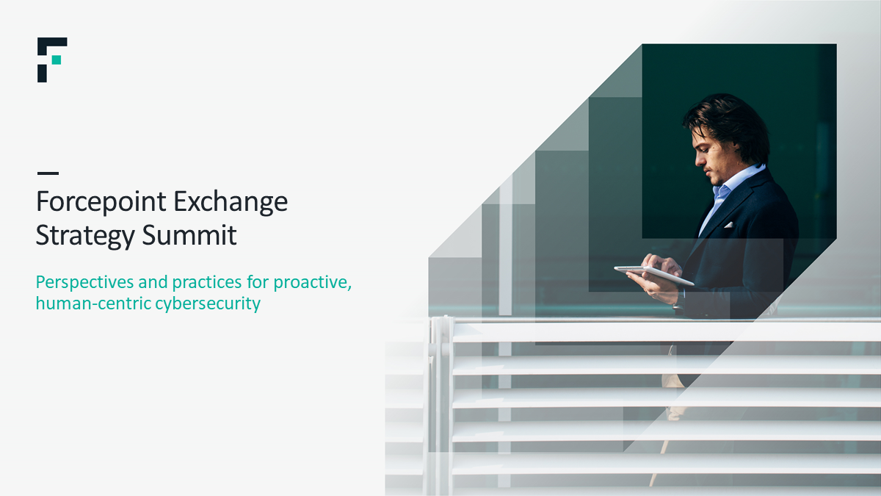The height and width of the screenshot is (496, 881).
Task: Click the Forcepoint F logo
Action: (x=52, y=60)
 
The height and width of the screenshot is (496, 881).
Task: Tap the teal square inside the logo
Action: (x=57, y=60)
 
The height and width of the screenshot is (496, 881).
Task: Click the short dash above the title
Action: (x=48, y=173)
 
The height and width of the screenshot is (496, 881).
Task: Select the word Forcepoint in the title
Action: (x=101, y=202)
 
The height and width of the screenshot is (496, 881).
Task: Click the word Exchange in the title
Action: (x=231, y=202)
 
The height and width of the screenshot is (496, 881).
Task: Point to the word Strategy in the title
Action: (x=85, y=236)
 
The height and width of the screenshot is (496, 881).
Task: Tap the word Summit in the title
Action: (x=189, y=235)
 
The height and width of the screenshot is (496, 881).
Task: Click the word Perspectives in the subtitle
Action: (x=84, y=283)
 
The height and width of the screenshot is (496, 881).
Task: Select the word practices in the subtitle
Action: (x=206, y=283)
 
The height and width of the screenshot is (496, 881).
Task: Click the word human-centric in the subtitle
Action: (x=94, y=303)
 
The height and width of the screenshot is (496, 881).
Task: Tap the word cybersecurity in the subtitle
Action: (x=208, y=304)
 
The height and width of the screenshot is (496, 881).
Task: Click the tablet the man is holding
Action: (x=653, y=274)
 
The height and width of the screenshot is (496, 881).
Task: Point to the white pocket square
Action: (x=729, y=225)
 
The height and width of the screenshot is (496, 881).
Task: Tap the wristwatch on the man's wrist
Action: (x=679, y=301)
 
